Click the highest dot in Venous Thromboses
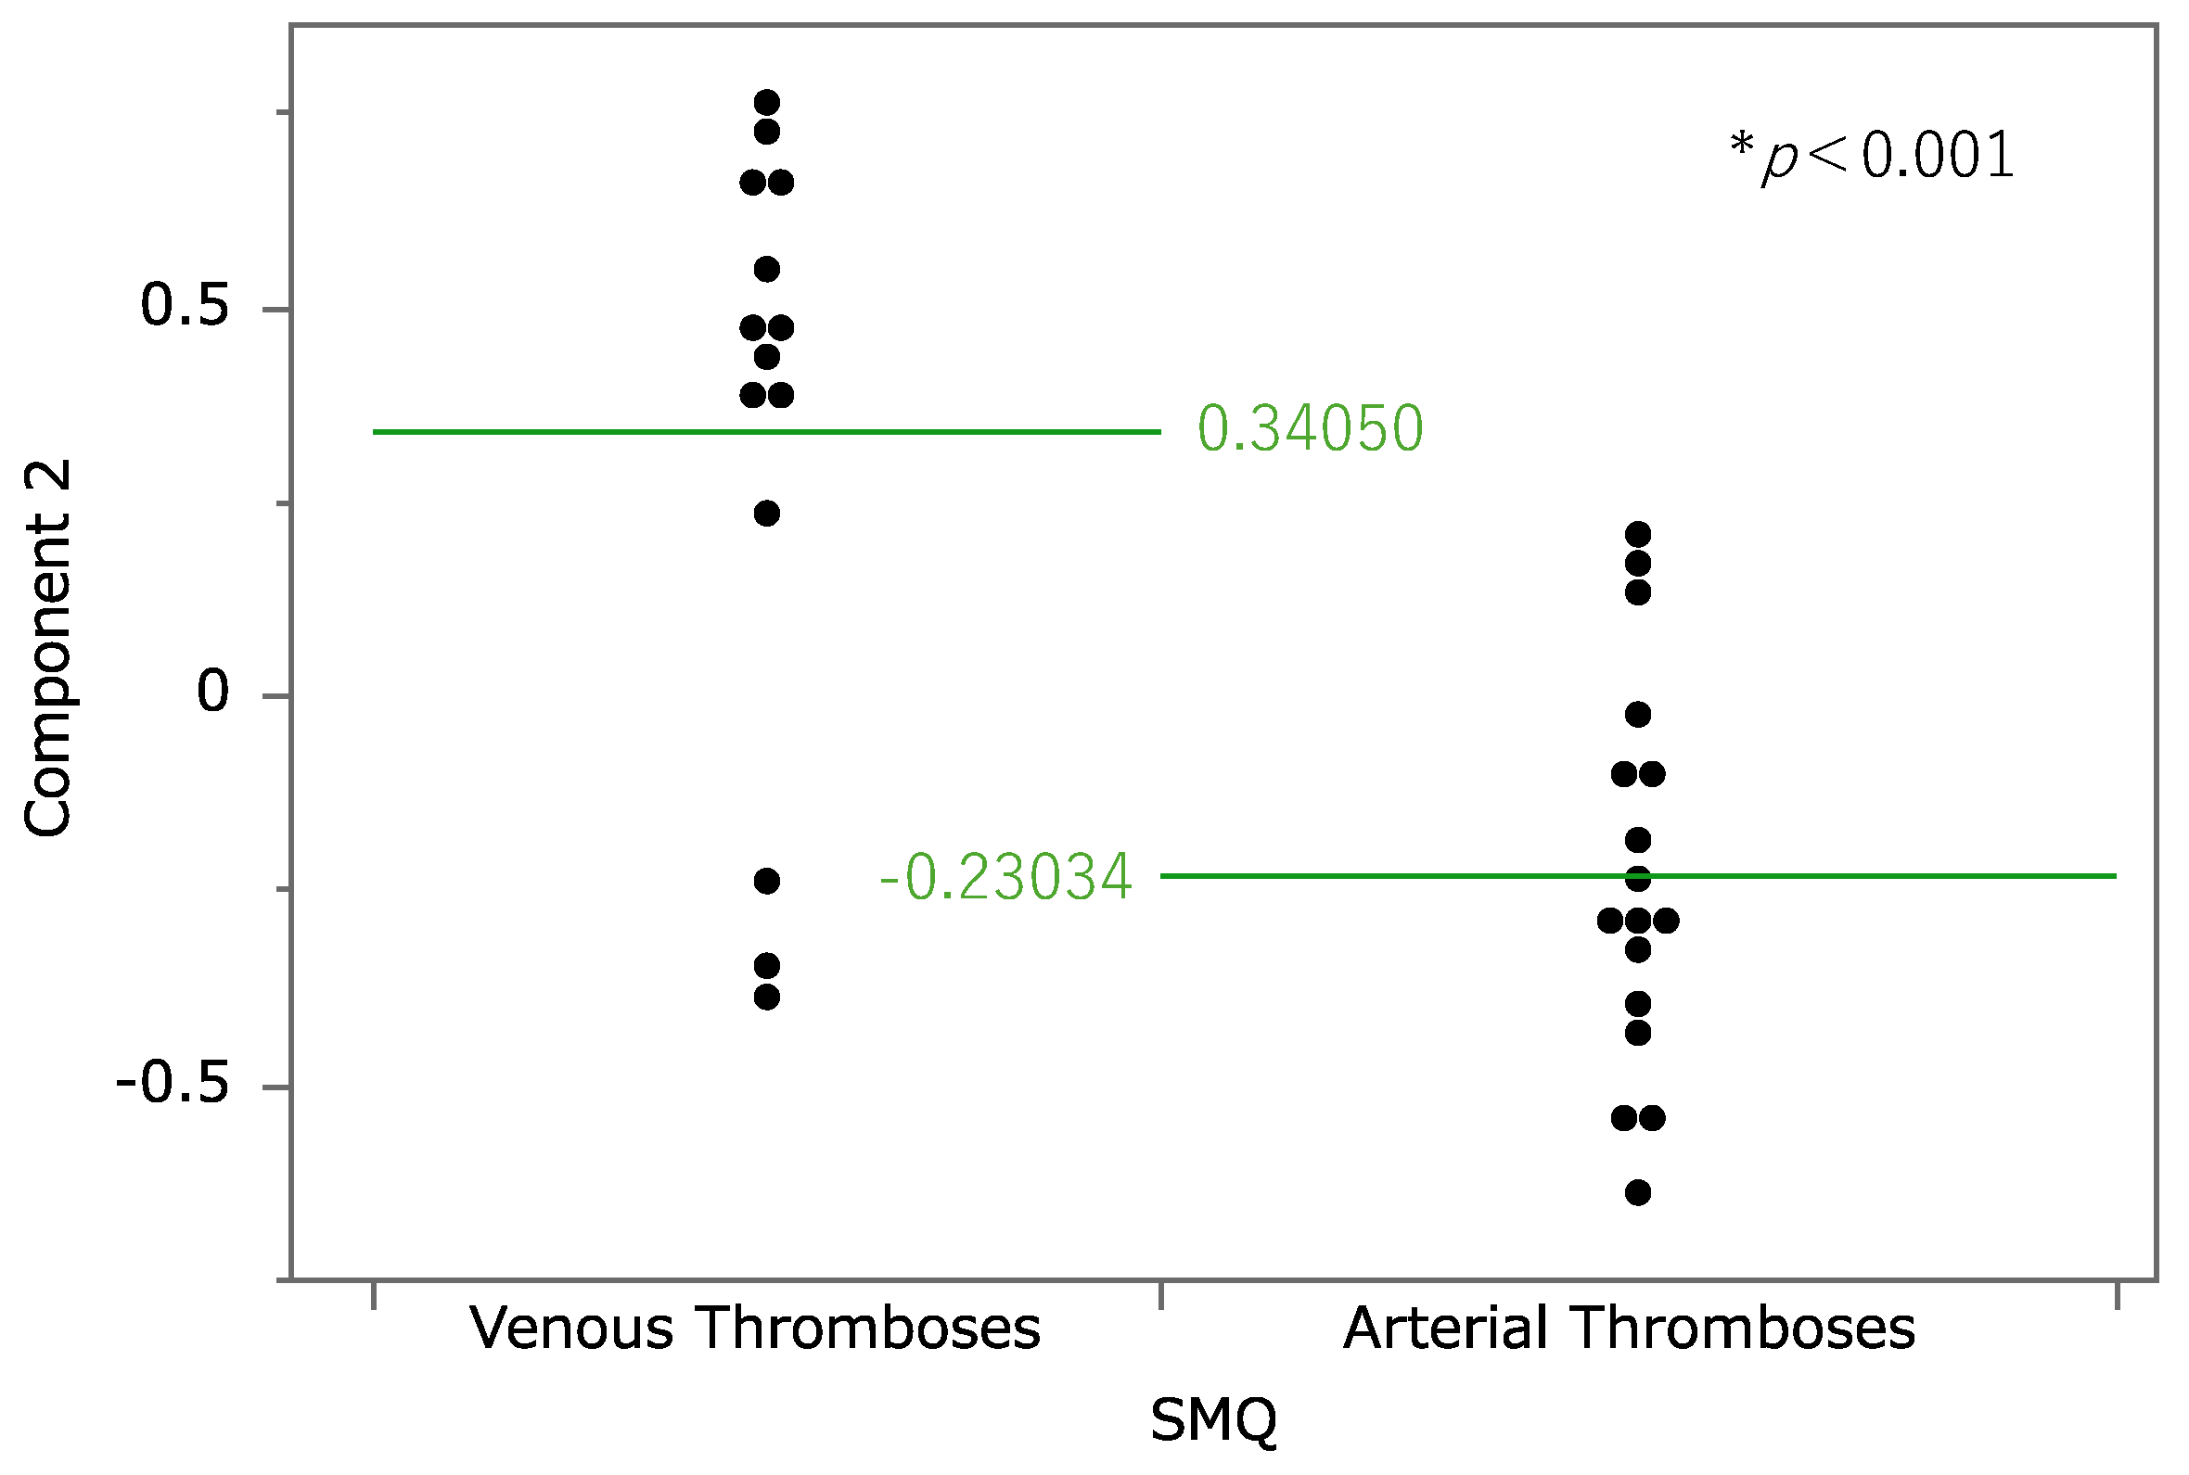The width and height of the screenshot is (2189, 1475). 767,102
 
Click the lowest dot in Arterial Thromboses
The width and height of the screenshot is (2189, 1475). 1638,1193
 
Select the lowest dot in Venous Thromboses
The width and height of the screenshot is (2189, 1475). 767,997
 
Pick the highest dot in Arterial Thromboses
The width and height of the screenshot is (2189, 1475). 1638,534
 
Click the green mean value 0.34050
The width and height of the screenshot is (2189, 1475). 1309,429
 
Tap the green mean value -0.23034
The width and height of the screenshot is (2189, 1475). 1005,878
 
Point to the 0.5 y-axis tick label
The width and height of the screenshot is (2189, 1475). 185,306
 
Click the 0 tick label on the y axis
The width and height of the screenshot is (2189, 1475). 212,692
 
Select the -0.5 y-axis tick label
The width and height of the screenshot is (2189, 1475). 173,1084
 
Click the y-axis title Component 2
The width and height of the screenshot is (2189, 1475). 47,647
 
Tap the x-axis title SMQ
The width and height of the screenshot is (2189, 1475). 1213,1419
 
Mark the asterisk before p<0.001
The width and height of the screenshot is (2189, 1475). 1741,145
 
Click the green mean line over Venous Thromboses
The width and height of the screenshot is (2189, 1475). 565,432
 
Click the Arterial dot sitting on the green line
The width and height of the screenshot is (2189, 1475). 1638,879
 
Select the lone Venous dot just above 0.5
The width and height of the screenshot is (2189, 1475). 767,270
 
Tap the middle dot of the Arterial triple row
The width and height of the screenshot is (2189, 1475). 1638,920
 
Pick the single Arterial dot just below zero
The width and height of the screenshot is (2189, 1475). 1638,715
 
